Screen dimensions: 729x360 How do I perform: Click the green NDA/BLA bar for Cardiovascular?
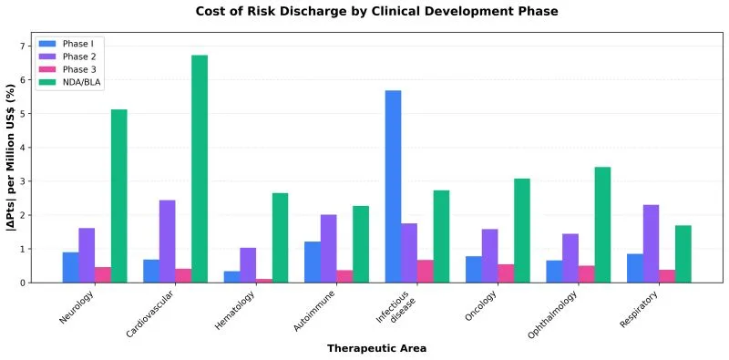[x=200, y=169]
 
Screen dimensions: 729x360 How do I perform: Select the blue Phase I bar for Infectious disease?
[x=393, y=187]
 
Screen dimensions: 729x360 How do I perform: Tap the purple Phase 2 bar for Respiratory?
[x=651, y=243]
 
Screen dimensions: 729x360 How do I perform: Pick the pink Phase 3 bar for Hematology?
[x=264, y=281]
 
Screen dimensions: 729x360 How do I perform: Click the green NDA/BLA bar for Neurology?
[x=119, y=196]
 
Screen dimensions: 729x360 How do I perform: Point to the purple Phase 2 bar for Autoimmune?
[x=329, y=249]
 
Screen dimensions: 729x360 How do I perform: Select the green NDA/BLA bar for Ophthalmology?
[x=602, y=224]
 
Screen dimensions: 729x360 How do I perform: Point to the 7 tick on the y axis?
[x=27, y=46]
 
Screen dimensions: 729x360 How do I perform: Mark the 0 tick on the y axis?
[x=27, y=283]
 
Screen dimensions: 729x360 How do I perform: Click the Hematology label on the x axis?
[x=235, y=310]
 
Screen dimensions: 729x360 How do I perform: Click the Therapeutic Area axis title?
[x=376, y=348]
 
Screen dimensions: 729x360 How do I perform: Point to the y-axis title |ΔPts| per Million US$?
[x=10, y=157]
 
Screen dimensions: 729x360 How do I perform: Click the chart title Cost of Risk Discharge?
[x=376, y=11]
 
